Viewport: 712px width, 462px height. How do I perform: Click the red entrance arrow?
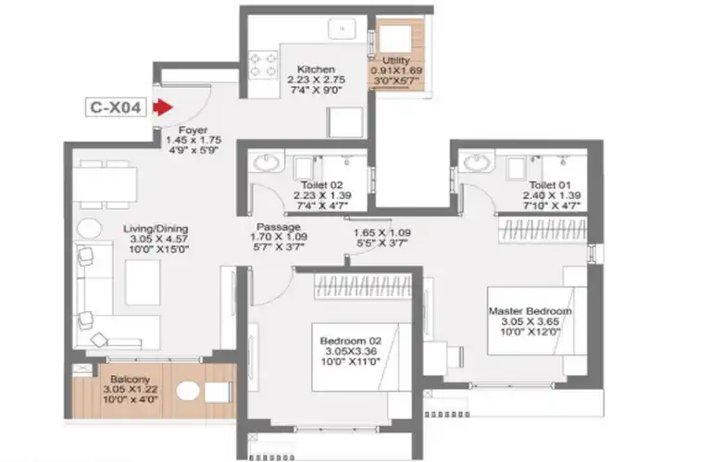tap(162, 107)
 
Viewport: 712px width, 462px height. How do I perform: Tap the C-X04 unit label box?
tap(116, 107)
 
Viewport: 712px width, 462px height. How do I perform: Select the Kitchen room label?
tap(316, 69)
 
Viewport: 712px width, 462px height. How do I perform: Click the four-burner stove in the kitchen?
tap(263, 65)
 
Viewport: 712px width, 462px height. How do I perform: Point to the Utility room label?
tap(396, 60)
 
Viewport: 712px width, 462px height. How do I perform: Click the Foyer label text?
tap(193, 130)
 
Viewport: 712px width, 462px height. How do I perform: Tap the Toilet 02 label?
tap(322, 185)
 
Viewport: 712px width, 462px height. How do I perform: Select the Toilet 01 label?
tap(549, 185)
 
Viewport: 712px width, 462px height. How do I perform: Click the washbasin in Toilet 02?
tap(266, 163)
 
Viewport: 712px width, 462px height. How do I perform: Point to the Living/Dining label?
tap(156, 229)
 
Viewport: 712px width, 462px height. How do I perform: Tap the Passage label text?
tap(279, 227)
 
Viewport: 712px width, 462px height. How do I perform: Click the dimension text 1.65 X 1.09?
tap(381, 232)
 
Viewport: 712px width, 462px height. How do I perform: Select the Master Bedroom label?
tap(530, 311)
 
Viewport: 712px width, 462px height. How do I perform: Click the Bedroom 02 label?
tap(351, 341)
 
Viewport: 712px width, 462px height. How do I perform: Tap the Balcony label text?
tap(130, 379)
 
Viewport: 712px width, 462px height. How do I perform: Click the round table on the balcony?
tap(188, 391)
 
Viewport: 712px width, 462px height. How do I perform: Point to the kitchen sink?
tap(343, 29)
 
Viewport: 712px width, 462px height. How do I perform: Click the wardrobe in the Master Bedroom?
tap(543, 229)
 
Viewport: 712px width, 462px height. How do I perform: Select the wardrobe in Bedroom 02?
tap(363, 286)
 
